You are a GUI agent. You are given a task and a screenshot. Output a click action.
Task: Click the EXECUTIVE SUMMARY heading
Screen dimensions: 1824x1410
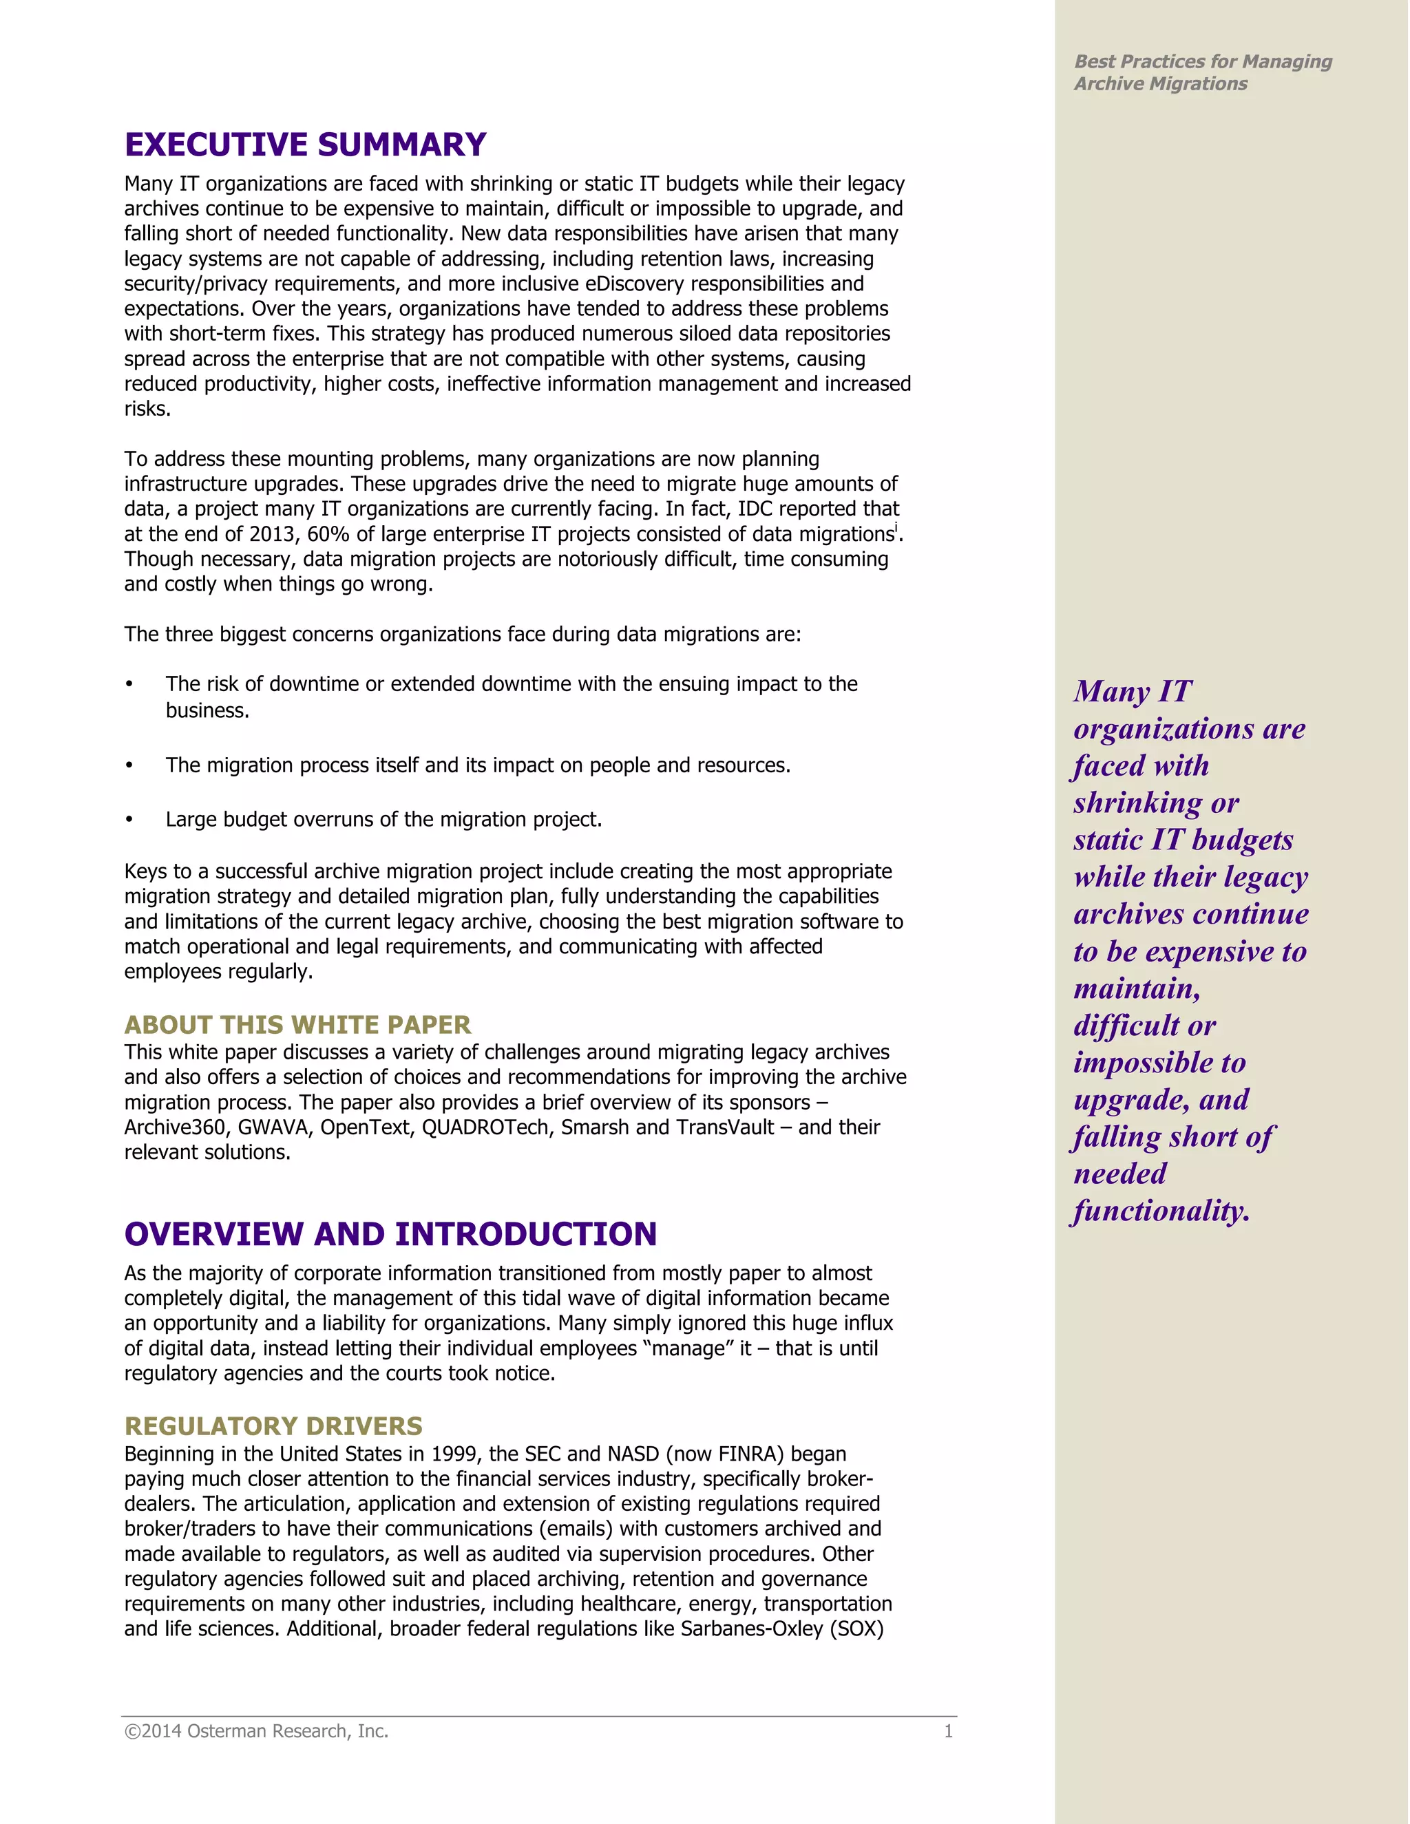[x=305, y=145]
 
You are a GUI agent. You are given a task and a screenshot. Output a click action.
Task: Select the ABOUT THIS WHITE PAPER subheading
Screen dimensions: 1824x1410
[x=297, y=1025]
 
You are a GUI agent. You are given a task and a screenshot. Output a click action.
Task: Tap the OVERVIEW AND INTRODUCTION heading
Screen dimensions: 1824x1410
[x=390, y=1234]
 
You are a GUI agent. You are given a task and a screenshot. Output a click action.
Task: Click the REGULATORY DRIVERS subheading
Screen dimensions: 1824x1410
[x=273, y=1425]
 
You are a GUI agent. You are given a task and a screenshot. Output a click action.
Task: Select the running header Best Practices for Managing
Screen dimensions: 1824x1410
[x=1202, y=62]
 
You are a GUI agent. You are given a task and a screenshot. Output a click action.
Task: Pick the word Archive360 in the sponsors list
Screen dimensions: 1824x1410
[x=175, y=1127]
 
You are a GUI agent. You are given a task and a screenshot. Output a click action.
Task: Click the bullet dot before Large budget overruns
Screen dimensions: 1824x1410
[x=129, y=820]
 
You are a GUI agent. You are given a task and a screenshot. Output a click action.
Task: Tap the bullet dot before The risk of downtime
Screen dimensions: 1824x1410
[x=129, y=685]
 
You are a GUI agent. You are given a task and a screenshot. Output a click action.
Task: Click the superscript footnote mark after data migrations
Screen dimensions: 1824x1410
[x=896, y=529]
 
